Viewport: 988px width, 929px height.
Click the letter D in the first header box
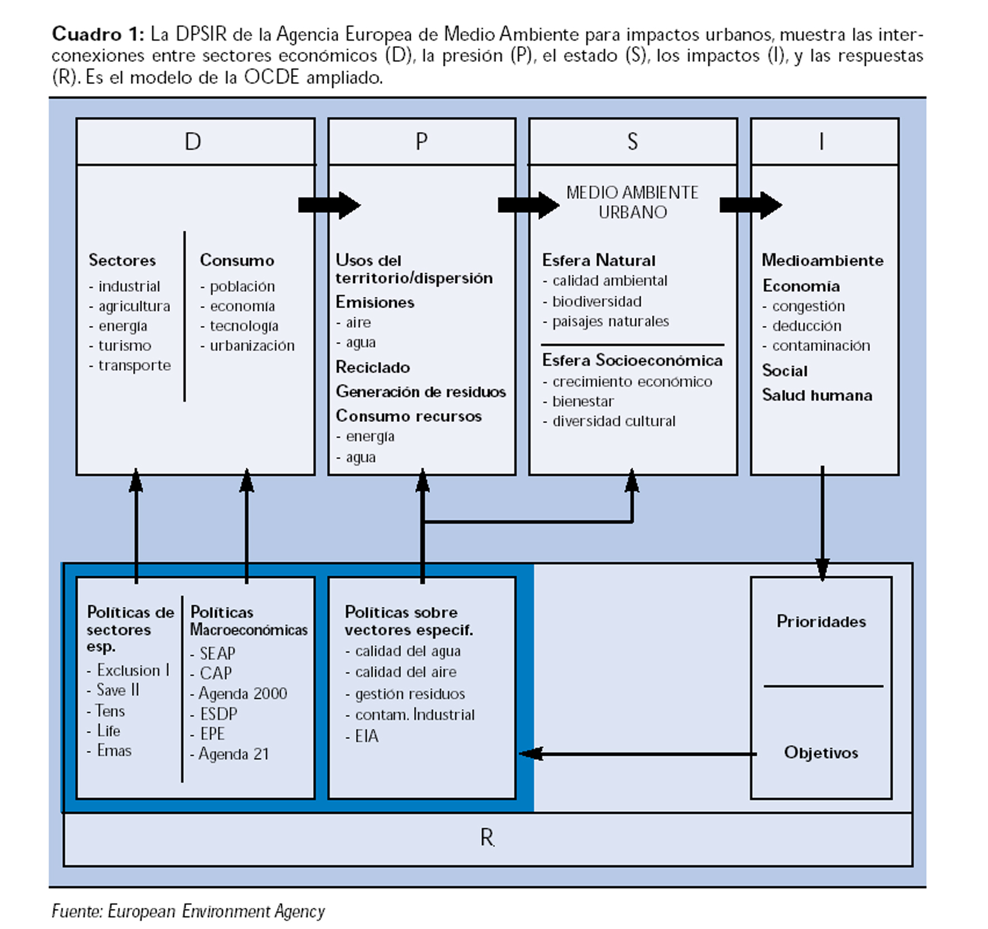pos(193,142)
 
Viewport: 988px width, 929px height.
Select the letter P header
pos(422,142)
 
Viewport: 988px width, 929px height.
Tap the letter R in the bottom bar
pos(487,838)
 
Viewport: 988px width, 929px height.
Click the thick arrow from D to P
pos(329,205)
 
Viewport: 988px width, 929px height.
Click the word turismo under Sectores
pos(124,346)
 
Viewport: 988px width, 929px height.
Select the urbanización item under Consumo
pos(251,346)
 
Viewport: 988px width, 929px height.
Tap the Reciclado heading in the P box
pos(373,367)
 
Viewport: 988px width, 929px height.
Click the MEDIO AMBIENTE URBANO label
pos(632,202)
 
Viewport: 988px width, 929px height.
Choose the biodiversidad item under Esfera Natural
pos(596,301)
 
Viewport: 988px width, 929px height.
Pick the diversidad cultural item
pos(614,421)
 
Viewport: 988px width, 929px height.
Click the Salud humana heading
pos(817,395)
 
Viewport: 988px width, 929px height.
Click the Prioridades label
pos(821,621)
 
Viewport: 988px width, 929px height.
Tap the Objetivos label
pos(821,752)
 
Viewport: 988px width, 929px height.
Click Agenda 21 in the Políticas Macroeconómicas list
pos(233,754)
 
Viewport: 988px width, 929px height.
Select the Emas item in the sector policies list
pos(114,751)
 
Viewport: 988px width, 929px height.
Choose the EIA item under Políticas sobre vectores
pos(366,736)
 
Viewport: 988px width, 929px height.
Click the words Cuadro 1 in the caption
pos(98,34)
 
